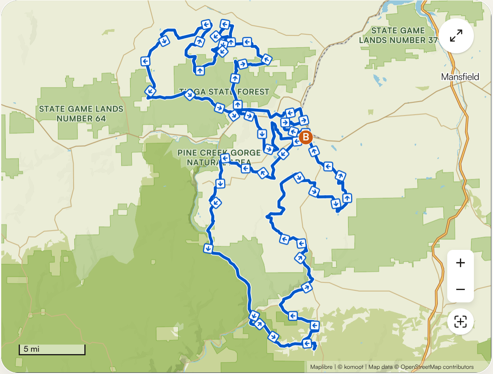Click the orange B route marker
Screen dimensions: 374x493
pyautogui.click(x=306, y=137)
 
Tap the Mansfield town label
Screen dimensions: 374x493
pyautogui.click(x=460, y=77)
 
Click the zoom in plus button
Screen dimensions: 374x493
pyautogui.click(x=460, y=263)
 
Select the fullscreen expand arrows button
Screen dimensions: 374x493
pyautogui.click(x=456, y=36)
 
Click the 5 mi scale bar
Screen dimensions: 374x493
pyautogui.click(x=52, y=349)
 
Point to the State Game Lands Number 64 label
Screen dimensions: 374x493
pyautogui.click(x=81, y=113)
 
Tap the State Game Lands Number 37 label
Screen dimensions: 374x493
pyautogui.click(x=398, y=35)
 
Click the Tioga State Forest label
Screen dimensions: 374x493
pyautogui.click(x=224, y=92)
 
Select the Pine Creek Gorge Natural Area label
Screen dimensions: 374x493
pyautogui.click(x=219, y=157)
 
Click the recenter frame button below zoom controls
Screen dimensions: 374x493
pyautogui.click(x=460, y=321)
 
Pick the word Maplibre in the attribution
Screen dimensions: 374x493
pyautogui.click(x=321, y=367)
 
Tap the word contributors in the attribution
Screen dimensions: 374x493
pyautogui.click(x=458, y=367)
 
